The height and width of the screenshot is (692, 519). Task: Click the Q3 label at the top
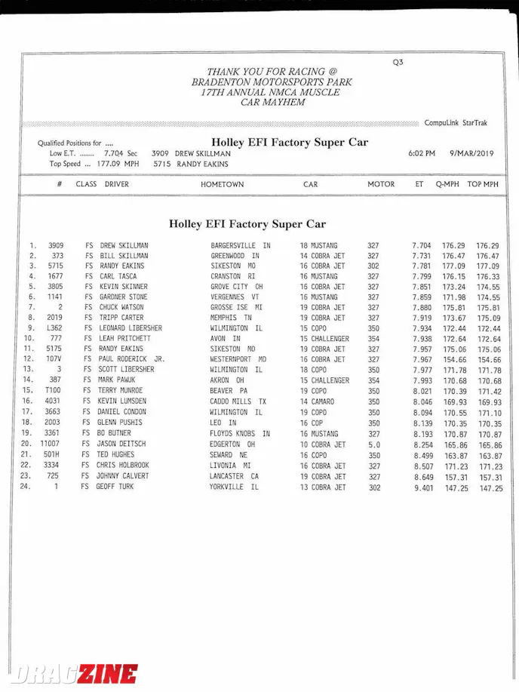398,63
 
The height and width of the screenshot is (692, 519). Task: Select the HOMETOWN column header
222,184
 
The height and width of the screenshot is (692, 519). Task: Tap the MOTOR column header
381,184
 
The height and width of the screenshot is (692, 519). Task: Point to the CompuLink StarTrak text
456,123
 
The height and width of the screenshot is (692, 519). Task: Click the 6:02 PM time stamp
422,153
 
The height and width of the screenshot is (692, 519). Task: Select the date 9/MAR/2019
471,153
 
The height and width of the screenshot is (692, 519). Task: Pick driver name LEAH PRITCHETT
125,339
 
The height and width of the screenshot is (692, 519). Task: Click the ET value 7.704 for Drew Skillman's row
422,246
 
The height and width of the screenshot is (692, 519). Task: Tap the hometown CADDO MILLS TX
238,401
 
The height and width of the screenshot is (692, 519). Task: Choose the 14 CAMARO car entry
318,401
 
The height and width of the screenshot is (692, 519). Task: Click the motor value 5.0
374,444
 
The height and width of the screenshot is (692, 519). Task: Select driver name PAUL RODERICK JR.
132,360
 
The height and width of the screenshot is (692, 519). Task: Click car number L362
53,328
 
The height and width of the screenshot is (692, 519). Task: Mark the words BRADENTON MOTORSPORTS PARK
272,82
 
